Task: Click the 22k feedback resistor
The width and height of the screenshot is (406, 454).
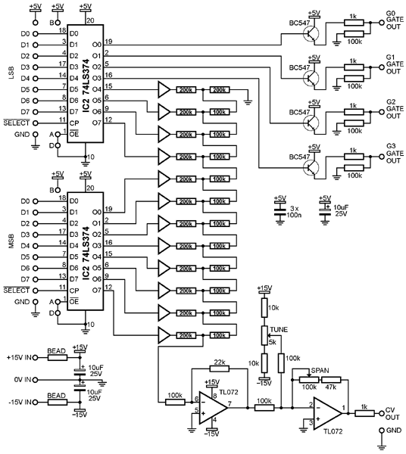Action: pos(220,368)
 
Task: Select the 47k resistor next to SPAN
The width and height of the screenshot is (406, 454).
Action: pos(331,380)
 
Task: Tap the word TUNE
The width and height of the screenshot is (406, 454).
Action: pos(279,329)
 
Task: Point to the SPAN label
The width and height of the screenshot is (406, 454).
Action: pos(320,370)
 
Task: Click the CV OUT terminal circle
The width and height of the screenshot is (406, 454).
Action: pos(381,413)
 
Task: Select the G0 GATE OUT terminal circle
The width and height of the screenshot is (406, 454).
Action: pos(382,23)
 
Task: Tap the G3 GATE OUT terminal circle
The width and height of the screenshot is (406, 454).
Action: pos(382,157)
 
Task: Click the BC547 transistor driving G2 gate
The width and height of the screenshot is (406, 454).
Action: pos(311,123)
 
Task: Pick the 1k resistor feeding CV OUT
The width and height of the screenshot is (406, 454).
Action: pos(364,413)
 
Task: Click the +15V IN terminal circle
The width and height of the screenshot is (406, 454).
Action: pos(36,358)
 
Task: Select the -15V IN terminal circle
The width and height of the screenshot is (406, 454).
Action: pos(36,403)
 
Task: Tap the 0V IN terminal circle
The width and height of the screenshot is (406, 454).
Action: pos(36,380)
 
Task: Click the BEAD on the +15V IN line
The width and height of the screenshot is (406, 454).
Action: pos(57,358)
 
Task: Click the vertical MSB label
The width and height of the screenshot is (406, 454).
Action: pos(12,241)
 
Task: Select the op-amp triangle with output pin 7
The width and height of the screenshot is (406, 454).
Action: pos(213,408)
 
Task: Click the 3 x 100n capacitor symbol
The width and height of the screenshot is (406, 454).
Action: pos(280,209)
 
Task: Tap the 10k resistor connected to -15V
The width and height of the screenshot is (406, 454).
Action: pos(264,362)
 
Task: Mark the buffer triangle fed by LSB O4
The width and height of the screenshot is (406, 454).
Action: pos(164,89)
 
